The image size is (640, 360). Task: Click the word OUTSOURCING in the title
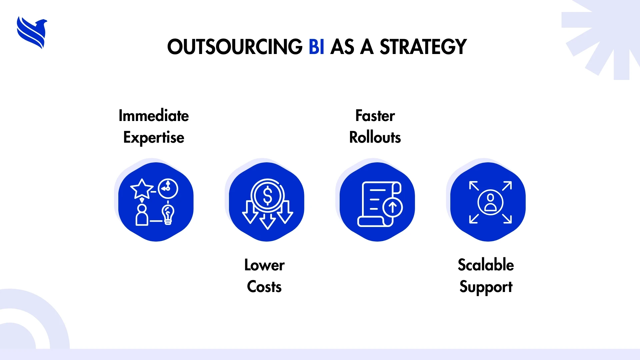click(235, 47)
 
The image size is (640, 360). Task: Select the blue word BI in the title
click(316, 47)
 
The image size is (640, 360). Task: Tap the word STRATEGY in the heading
click(423, 47)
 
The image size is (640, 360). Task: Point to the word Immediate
click(154, 116)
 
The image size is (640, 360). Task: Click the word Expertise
click(154, 138)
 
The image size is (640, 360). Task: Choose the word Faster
click(375, 116)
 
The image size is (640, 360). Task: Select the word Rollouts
click(375, 137)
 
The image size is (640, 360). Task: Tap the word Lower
click(264, 265)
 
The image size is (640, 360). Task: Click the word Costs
click(264, 287)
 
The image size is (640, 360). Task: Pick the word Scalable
click(486, 265)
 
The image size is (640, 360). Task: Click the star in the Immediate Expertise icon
click(142, 189)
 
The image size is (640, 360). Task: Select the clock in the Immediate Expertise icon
click(168, 189)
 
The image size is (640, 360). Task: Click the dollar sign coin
click(268, 195)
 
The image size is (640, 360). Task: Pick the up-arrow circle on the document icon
click(393, 207)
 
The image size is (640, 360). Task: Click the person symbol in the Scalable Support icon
click(490, 202)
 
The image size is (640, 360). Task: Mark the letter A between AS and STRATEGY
click(367, 47)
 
